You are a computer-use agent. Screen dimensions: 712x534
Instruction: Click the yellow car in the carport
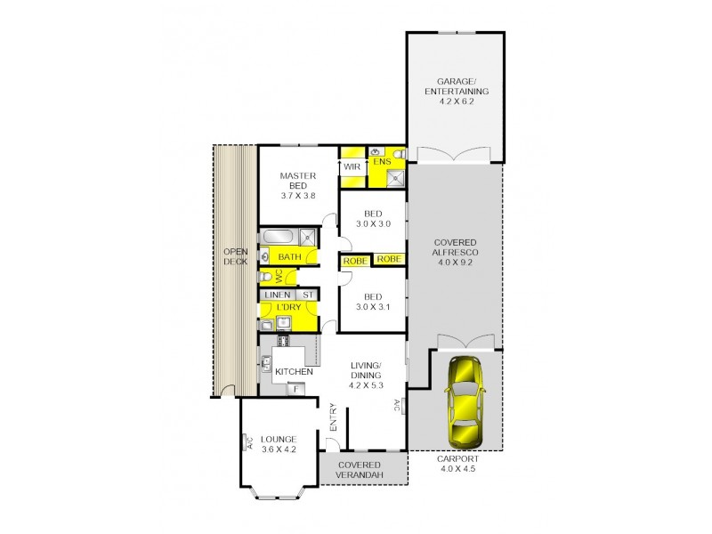coord(465,402)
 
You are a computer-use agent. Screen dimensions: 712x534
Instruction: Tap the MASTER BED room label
coord(298,181)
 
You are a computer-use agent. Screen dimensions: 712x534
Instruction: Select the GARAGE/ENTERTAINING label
coord(457,86)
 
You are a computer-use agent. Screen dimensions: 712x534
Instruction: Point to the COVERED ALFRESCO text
coord(455,247)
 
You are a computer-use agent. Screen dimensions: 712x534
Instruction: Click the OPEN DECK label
coord(236,256)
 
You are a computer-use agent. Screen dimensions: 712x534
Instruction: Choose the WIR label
coord(352,166)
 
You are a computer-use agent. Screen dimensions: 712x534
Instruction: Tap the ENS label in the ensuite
coord(382,162)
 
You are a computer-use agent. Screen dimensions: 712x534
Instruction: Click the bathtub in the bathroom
coord(278,237)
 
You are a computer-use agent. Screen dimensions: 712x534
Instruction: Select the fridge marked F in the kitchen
coord(296,389)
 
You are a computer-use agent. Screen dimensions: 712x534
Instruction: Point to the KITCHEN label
coord(294,372)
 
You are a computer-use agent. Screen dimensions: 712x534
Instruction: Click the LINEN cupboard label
coord(278,295)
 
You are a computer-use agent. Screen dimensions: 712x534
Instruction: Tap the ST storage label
coord(308,295)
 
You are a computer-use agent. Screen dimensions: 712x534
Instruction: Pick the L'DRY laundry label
coord(288,307)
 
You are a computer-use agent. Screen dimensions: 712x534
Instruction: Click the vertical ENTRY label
coord(333,417)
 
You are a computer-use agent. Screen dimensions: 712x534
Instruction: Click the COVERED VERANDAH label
coord(360,470)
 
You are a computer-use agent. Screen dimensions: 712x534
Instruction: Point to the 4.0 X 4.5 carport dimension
coord(457,469)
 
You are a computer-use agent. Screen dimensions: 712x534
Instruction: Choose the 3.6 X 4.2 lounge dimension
coord(279,449)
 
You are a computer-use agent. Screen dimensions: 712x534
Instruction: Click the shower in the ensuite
coord(396,178)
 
